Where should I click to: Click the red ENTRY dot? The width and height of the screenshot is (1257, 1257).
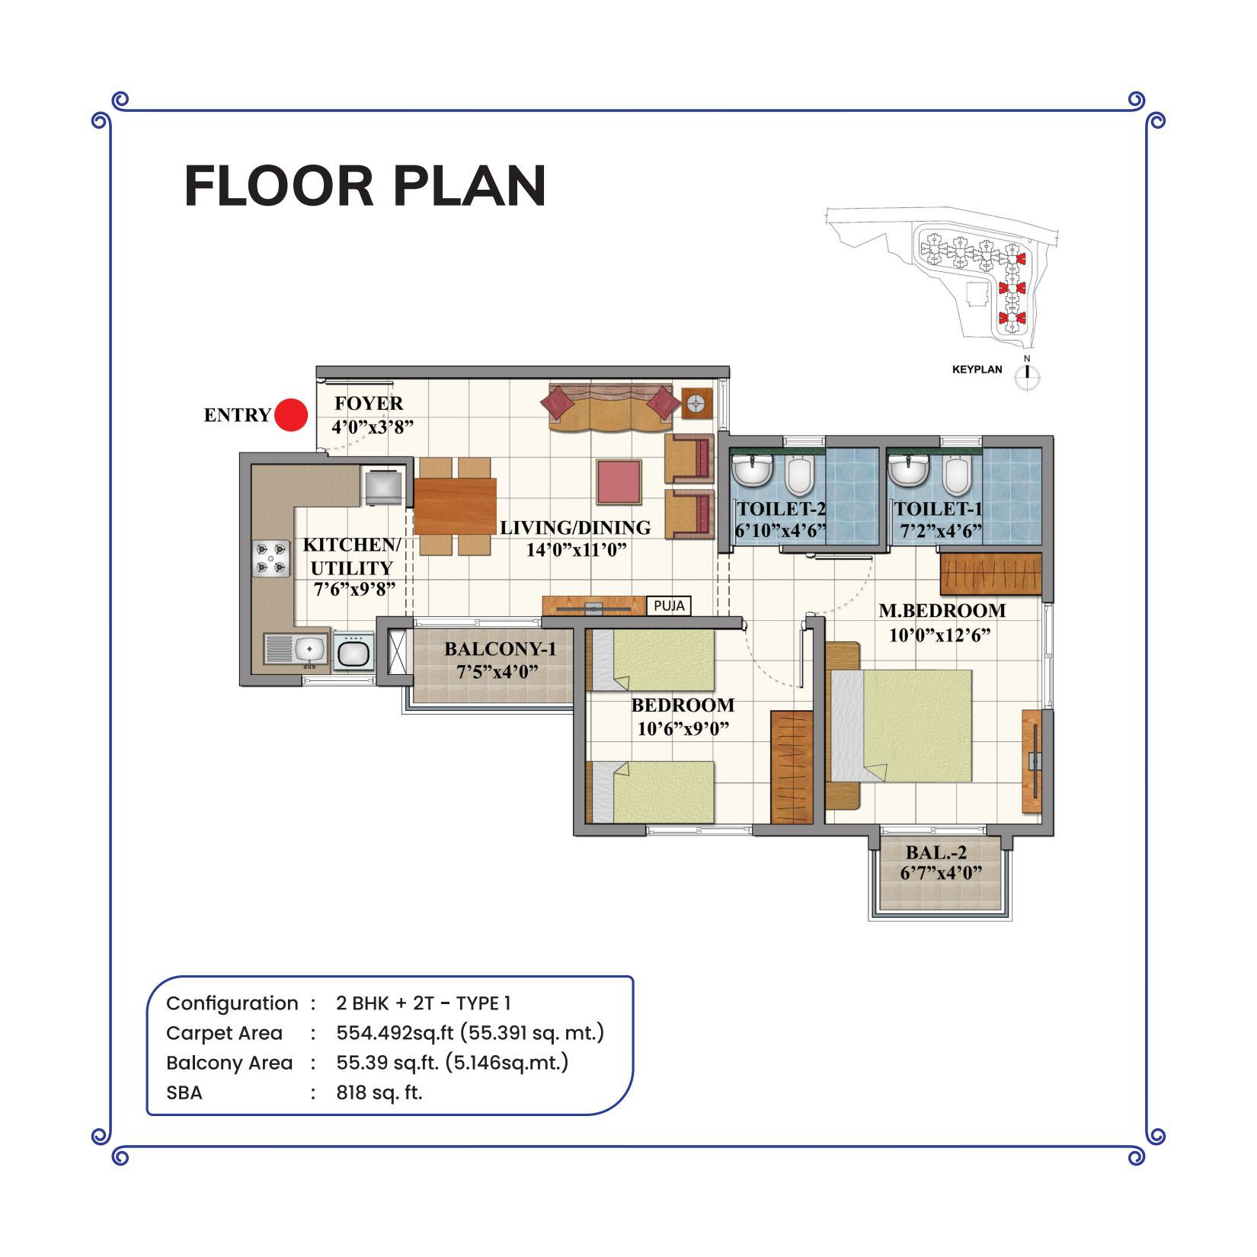(x=290, y=416)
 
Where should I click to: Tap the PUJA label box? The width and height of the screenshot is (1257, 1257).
(x=670, y=606)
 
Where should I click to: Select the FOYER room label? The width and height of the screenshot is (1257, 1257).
(x=369, y=403)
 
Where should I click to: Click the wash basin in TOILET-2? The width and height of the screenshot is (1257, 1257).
(x=753, y=470)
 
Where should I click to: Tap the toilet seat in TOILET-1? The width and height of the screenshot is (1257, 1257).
(x=955, y=476)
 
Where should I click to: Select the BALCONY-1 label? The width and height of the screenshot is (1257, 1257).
(x=501, y=649)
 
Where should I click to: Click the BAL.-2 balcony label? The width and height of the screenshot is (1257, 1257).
(x=936, y=853)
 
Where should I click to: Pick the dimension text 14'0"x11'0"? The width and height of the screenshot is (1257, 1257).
(x=577, y=549)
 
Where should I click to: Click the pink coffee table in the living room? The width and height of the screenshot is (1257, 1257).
(x=619, y=481)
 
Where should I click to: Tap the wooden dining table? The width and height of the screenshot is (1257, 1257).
(x=455, y=506)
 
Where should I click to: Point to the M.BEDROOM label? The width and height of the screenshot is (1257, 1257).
(x=942, y=611)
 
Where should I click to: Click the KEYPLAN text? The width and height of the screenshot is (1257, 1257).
(x=977, y=369)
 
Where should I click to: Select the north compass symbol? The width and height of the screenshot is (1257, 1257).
(x=1028, y=373)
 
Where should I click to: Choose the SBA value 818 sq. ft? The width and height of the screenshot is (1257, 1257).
(x=379, y=1092)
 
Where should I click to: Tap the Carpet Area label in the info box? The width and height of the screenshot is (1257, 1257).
(x=224, y=1033)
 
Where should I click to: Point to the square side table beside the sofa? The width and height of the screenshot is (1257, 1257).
(x=697, y=403)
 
